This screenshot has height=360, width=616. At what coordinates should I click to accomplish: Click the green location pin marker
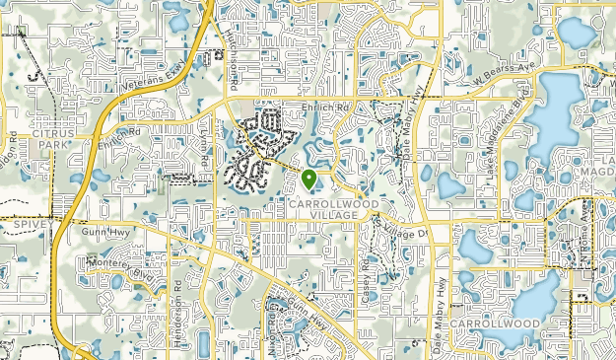pos(309,179)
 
